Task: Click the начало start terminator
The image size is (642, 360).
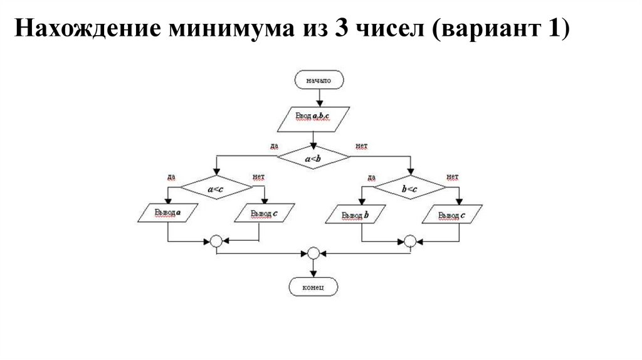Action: [318, 81]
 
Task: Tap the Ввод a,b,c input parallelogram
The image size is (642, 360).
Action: [313, 117]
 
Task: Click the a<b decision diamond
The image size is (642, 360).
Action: [313, 159]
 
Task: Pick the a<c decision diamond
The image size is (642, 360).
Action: [216, 188]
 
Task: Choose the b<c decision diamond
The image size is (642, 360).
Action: [410, 188]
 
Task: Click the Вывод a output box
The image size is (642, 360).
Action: [167, 213]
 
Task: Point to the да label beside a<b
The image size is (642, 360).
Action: [274, 146]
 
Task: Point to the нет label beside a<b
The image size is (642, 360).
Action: [361, 146]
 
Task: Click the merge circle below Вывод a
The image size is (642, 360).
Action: [216, 241]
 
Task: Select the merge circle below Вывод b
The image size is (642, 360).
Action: [410, 241]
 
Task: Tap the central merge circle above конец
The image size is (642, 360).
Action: [313, 253]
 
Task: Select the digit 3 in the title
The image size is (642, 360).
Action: [342, 29]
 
